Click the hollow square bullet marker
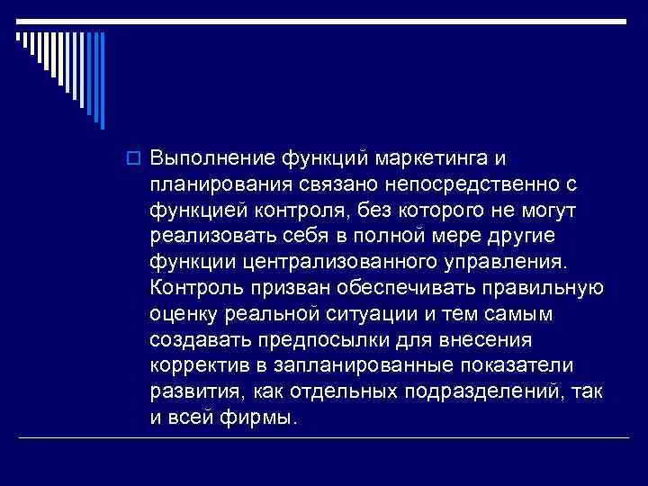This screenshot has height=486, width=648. point(138,160)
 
